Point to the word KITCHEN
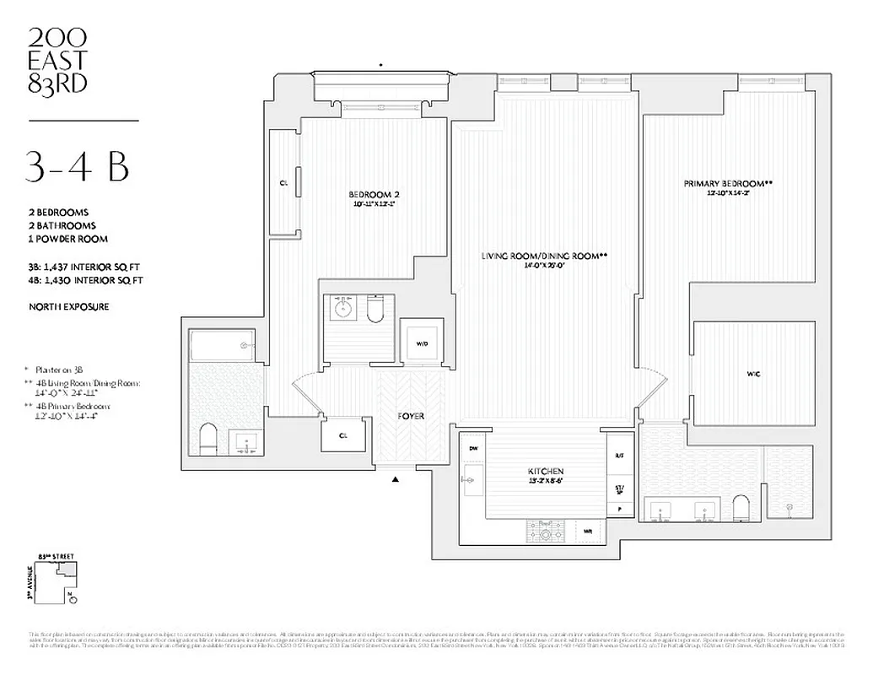click(x=547, y=471)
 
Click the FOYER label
click(x=411, y=417)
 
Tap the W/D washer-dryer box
click(x=422, y=343)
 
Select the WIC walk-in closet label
click(x=753, y=373)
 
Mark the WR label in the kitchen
click(x=589, y=532)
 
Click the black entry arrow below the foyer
click(x=395, y=481)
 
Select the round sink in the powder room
click(x=344, y=310)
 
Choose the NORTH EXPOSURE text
click(x=67, y=307)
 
